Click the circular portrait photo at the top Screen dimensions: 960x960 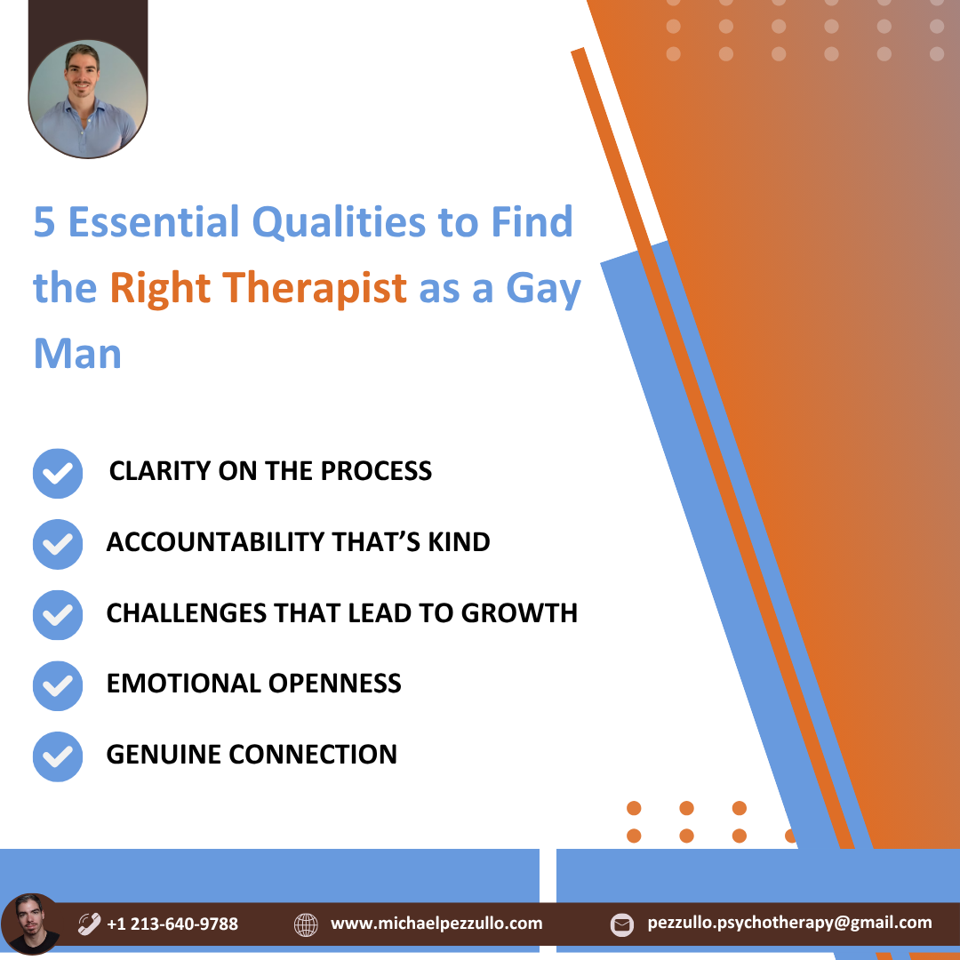[x=87, y=100]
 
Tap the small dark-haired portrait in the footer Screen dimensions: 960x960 [x=30, y=924]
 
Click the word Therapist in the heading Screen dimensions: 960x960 [x=314, y=287]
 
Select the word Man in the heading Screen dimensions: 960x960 [x=77, y=353]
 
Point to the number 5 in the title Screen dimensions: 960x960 [x=44, y=221]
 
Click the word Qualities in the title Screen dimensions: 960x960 [x=339, y=221]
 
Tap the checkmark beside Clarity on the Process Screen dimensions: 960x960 [x=58, y=473]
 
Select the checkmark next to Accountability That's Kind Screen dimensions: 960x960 [x=58, y=544]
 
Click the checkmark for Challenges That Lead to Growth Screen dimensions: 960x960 [x=58, y=615]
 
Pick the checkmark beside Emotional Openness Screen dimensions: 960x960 [x=58, y=685]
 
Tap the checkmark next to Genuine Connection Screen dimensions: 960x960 [x=58, y=756]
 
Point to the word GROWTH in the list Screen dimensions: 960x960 [x=519, y=612]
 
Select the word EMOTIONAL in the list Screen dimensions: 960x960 [x=184, y=684]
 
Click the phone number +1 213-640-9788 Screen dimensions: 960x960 [x=172, y=924]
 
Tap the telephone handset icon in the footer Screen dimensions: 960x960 [x=89, y=924]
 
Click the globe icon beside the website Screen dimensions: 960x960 [x=306, y=924]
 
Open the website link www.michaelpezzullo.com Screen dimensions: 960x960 [x=436, y=924]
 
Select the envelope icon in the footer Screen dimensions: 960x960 [x=622, y=924]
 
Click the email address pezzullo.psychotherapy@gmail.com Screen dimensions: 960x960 [x=790, y=923]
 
